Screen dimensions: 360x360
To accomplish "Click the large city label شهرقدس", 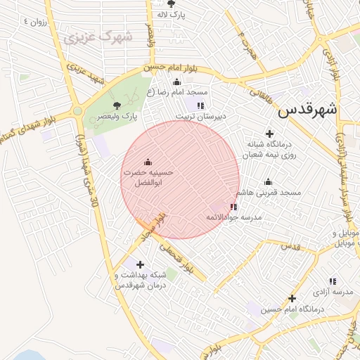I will point(307,110).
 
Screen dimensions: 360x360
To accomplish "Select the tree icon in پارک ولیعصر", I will point(127,105).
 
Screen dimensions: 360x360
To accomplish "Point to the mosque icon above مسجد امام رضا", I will point(176,82).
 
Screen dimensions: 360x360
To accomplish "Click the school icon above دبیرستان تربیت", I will point(200,105).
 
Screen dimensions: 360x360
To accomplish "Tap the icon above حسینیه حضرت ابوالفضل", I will point(147,162).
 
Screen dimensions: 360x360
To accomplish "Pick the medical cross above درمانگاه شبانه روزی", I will point(269,134).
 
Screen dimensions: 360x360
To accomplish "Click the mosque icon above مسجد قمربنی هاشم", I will point(267,182).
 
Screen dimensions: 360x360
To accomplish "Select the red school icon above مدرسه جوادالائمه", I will point(233,207).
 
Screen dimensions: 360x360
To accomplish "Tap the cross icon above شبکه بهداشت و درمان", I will point(141,265).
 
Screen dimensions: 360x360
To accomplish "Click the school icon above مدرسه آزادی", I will point(332,281).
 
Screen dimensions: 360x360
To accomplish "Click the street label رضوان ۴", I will point(35,21).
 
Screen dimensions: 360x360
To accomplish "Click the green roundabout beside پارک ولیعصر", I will point(77,111).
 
